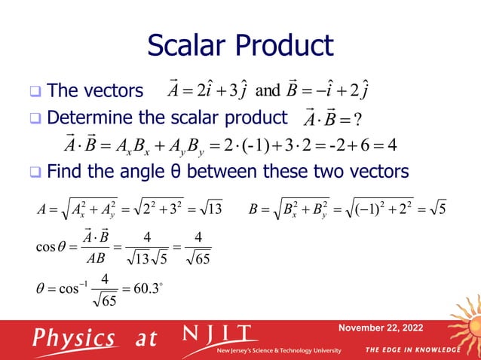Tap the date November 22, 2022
coord(381,328)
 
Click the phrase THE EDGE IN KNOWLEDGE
coord(412,351)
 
